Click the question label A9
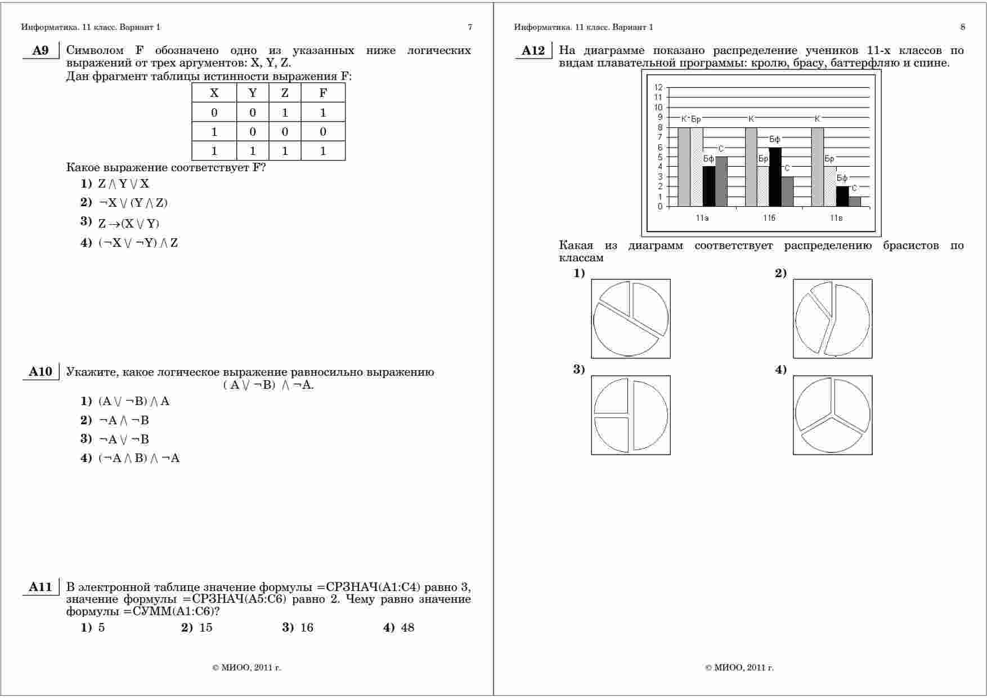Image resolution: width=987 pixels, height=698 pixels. pyautogui.click(x=41, y=51)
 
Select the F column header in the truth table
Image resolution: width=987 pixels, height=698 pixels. pyautogui.click(x=323, y=94)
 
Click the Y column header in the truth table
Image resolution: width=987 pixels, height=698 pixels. pyautogui.click(x=253, y=94)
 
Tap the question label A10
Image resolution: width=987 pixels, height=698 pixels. pyautogui.click(x=41, y=372)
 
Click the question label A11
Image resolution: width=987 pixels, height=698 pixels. pyautogui.click(x=41, y=587)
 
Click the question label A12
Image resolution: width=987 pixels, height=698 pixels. pyautogui.click(x=533, y=51)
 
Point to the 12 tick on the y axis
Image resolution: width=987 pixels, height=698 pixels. pyautogui.click(x=658, y=87)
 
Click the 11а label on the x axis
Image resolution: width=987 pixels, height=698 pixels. pyautogui.click(x=702, y=218)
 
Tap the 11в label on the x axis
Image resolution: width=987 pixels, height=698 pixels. pyautogui.click(x=836, y=218)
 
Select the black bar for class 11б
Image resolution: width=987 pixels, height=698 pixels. pyautogui.click(x=775, y=177)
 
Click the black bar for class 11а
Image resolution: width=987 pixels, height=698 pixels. pyautogui.click(x=709, y=186)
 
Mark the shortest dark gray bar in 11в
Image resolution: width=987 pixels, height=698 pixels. pyautogui.click(x=855, y=202)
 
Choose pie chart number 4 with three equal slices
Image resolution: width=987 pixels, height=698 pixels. pyautogui.click(x=833, y=415)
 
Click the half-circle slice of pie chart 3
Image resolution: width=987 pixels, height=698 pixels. pyautogui.click(x=652, y=416)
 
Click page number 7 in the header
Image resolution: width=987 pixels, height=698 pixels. pyautogui.click(x=470, y=27)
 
